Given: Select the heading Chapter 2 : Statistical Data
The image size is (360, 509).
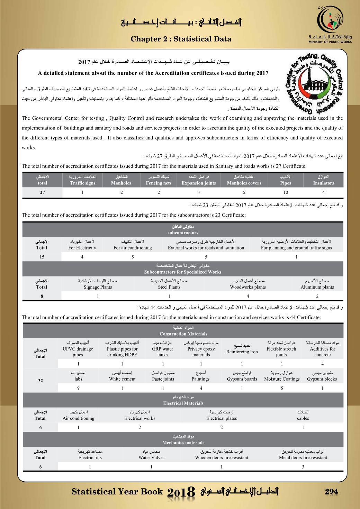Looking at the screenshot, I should (x=181, y=39).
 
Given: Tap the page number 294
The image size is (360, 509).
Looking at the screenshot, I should (x=331, y=492).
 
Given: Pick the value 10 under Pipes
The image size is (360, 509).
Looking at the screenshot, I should (x=286, y=192).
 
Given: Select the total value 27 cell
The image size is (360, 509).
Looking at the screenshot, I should (x=42, y=192).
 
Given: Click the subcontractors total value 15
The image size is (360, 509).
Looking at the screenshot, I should (x=42, y=257).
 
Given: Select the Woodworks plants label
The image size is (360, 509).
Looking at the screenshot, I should (x=248, y=287).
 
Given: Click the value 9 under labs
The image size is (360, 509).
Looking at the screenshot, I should (x=78, y=388).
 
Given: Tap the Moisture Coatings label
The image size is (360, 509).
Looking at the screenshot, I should (x=282, y=379).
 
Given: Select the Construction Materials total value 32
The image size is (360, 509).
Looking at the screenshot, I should (x=40, y=381).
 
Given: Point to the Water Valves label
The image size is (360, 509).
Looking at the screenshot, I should (x=151, y=457).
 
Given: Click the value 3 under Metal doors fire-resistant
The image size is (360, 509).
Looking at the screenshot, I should (x=303, y=467).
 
